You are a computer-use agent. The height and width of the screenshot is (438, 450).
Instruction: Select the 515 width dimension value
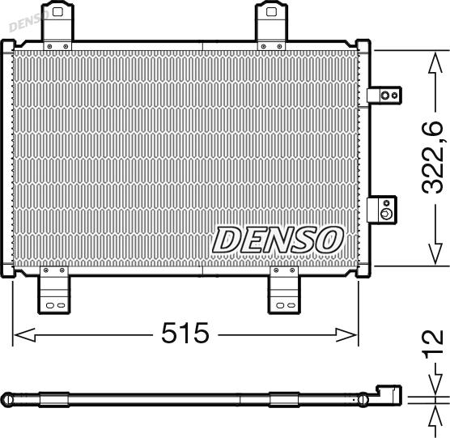click(185, 333)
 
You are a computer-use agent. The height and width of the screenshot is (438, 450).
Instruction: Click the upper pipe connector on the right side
click(383, 96)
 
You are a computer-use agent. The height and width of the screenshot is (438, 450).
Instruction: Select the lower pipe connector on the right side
click(381, 210)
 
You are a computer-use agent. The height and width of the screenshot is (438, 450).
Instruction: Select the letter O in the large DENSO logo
click(329, 238)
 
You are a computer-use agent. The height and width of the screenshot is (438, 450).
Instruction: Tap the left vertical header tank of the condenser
click(10, 158)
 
